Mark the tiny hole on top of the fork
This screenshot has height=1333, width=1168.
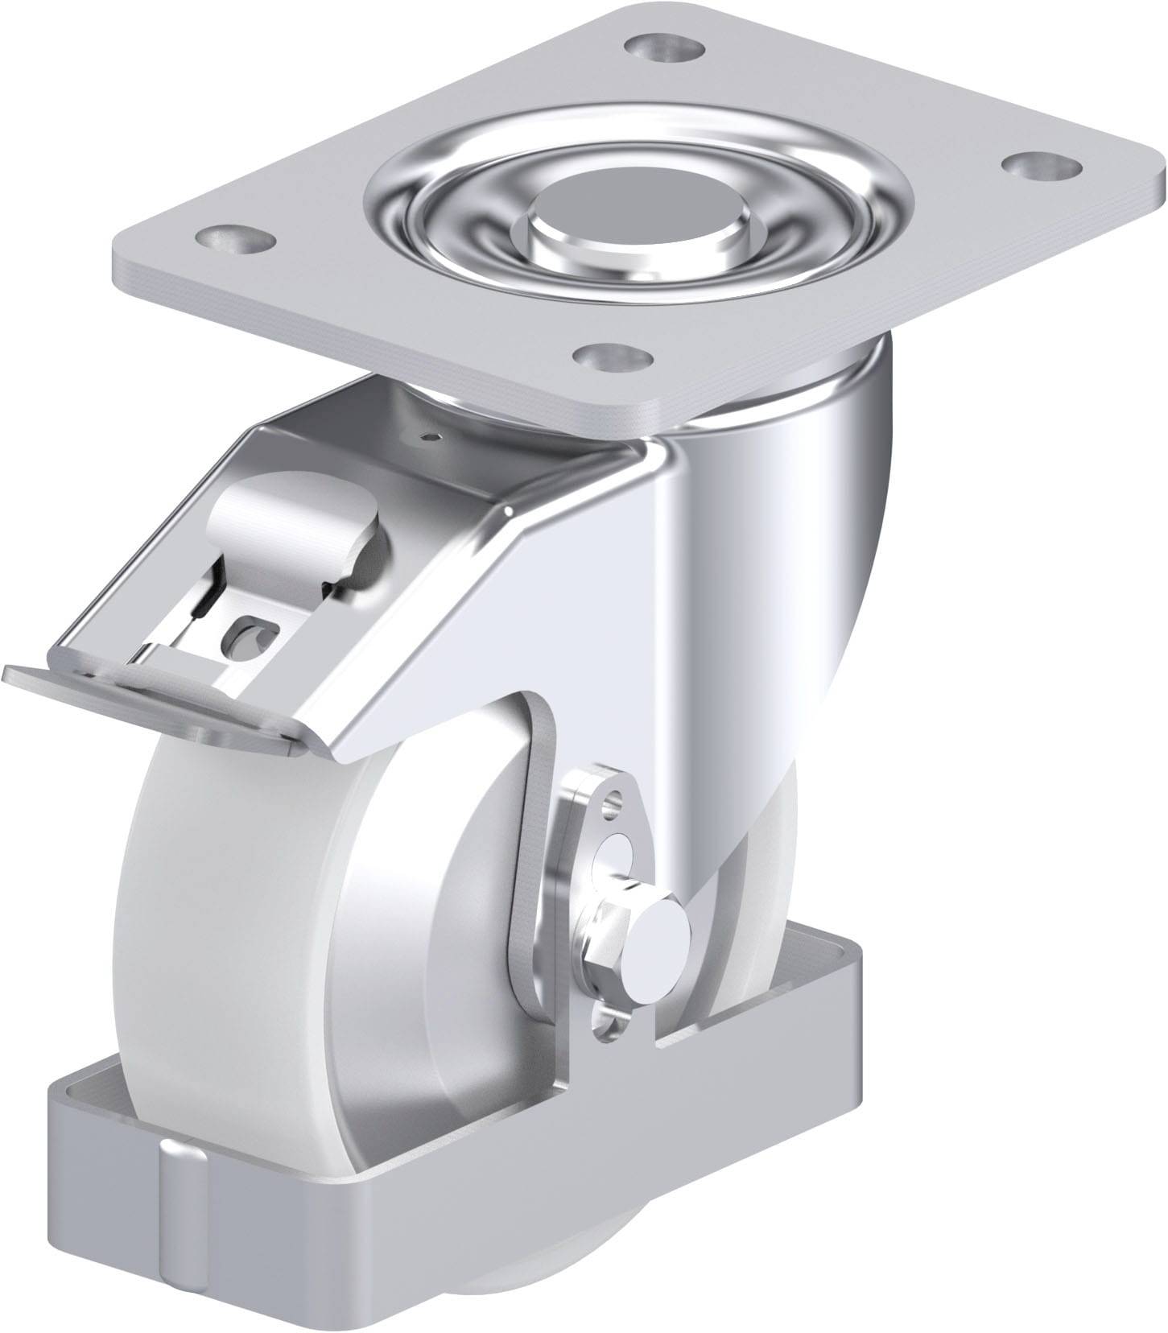pos(435,438)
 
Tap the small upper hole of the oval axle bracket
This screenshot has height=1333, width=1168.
pos(616,800)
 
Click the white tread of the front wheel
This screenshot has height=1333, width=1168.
pos(201,869)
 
